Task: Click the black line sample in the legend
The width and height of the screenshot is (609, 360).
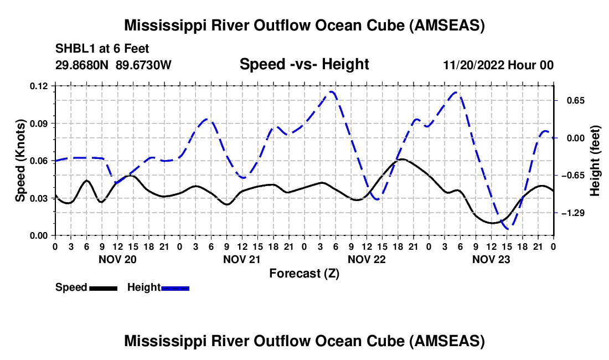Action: (103, 288)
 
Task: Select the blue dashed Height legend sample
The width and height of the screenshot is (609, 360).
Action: (175, 288)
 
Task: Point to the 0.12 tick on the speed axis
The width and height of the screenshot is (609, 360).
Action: (39, 86)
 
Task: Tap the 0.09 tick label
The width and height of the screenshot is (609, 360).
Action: (39, 123)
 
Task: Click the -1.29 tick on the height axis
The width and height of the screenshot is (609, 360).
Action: (572, 213)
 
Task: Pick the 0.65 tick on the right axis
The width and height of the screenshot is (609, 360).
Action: (572, 101)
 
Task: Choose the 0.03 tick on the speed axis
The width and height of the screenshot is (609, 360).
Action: (39, 198)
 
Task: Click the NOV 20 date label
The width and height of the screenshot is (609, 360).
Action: (117, 259)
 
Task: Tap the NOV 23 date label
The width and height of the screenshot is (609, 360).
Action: (491, 259)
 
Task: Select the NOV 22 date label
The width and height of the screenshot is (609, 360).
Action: (366, 259)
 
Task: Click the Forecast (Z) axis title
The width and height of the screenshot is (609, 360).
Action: (304, 274)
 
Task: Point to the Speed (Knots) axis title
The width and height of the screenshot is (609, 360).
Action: (20, 161)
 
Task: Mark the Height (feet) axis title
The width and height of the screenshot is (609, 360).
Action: (595, 161)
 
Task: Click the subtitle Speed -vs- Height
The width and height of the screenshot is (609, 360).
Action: (304, 65)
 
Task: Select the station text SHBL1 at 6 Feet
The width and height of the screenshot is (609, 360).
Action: (102, 49)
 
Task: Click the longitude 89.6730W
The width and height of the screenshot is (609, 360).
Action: (144, 65)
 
